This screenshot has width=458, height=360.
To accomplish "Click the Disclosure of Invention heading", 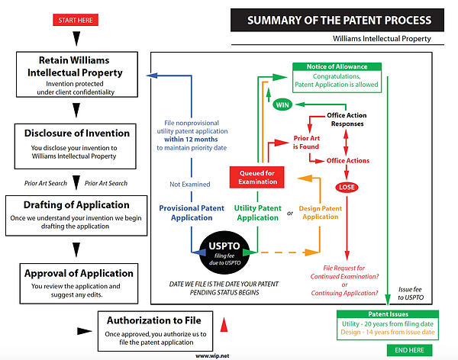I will [x=74, y=133].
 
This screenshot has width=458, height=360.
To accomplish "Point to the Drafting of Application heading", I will [x=74, y=205].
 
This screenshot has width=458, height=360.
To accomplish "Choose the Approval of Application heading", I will [x=79, y=273].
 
